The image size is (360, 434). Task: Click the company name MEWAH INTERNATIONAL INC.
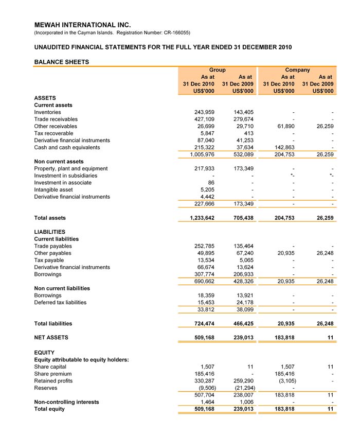(82, 25)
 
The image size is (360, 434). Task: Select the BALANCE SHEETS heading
(61, 62)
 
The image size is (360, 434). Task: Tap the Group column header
(217, 70)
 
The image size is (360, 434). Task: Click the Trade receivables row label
(56, 119)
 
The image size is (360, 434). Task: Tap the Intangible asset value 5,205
(206, 189)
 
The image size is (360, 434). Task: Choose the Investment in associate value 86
(210, 182)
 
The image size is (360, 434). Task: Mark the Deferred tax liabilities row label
(60, 303)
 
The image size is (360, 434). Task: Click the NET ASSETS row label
(51, 338)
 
